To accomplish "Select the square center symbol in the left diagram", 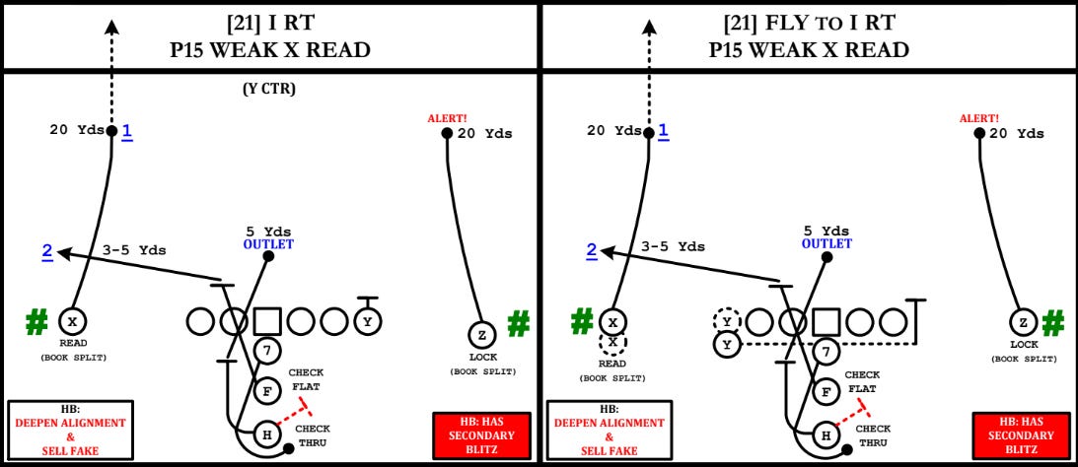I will tap(268, 321).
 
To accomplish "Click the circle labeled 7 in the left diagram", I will tap(267, 350).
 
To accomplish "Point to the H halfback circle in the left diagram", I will tap(267, 433).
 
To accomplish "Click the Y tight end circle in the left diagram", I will tap(368, 321).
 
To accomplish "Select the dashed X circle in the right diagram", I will tap(611, 343).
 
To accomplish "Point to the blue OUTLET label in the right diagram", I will tap(826, 244).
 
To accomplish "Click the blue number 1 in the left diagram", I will tap(126, 130).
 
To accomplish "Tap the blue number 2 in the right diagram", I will tap(592, 250).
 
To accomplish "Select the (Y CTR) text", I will tap(269, 90).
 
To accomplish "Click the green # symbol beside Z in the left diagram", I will tap(519, 323).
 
